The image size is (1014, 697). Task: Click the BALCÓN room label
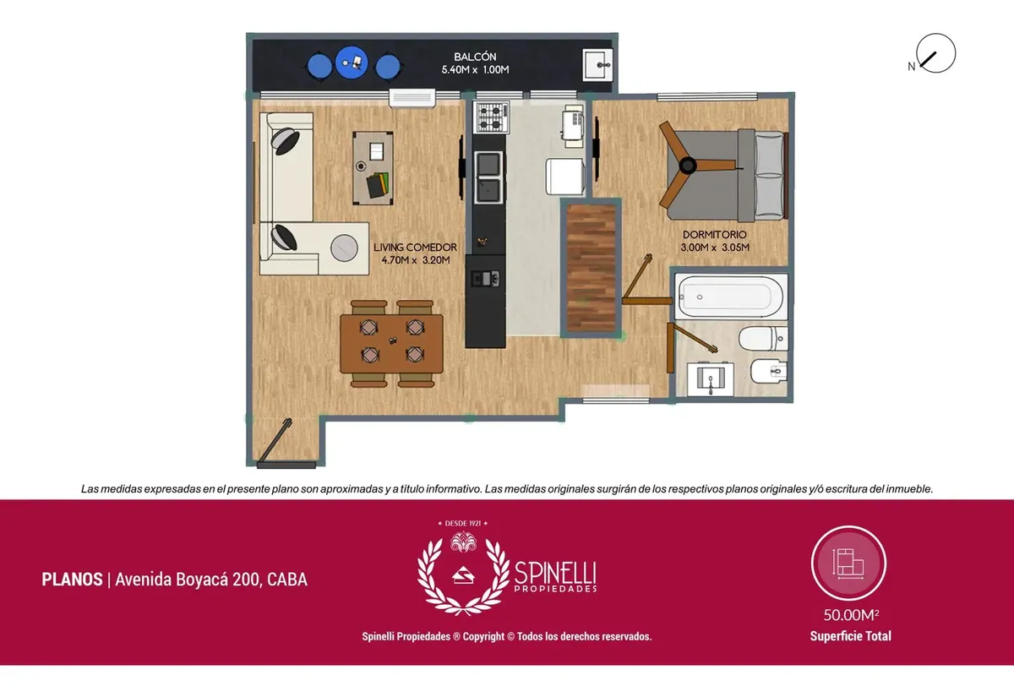(475, 57)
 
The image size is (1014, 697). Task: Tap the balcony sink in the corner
(597, 65)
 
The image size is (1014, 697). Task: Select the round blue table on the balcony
(352, 63)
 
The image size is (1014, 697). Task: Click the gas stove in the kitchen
(492, 117)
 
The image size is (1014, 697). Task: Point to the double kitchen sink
(489, 177)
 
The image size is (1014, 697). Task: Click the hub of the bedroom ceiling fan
(688, 166)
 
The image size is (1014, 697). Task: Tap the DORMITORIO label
(714, 235)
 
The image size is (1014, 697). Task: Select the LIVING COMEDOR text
(415, 247)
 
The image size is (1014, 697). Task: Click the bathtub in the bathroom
(731, 297)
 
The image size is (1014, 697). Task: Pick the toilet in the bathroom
(764, 339)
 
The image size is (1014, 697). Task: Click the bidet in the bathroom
(769, 371)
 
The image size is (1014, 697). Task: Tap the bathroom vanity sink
(711, 378)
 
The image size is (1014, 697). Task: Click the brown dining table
(391, 344)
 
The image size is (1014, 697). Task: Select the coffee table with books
(373, 168)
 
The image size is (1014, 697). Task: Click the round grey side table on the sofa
(344, 248)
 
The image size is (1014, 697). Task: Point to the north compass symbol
(935, 53)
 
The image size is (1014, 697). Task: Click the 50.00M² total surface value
(851, 615)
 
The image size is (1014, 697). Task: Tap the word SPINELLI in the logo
(555, 573)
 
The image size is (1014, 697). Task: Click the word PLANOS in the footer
(72, 580)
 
